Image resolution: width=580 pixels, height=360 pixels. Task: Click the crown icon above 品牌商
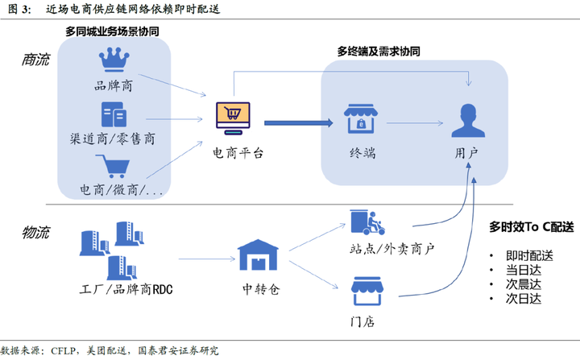click(113, 60)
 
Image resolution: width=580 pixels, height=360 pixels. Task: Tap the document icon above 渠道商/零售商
click(112, 114)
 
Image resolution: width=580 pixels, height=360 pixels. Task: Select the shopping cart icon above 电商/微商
click(113, 167)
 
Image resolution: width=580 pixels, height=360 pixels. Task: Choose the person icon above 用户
click(466, 122)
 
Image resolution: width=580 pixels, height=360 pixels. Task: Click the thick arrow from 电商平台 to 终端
click(299, 122)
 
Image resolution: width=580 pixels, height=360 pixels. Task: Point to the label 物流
click(35, 233)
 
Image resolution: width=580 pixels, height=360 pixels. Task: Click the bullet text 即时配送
click(529, 255)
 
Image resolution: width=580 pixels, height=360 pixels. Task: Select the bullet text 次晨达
click(524, 284)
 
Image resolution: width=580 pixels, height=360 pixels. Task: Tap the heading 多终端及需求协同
click(378, 51)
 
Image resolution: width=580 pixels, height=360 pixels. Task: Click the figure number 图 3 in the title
click(18, 10)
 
